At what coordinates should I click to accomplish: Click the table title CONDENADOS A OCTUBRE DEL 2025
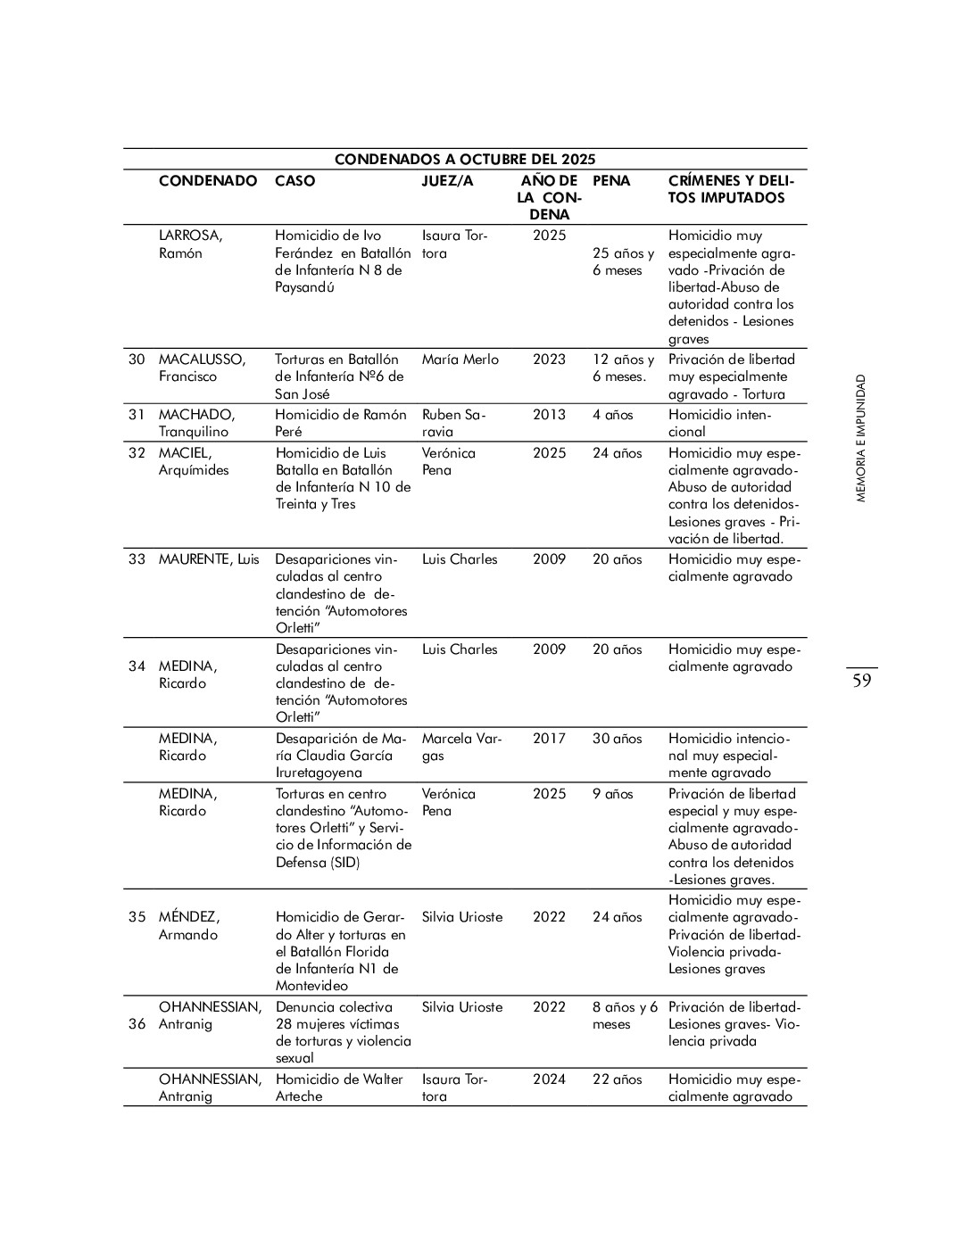click(x=464, y=160)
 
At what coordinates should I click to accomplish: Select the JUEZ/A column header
click(x=447, y=181)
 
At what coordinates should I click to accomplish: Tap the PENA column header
click(x=611, y=181)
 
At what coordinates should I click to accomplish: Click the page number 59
click(x=861, y=682)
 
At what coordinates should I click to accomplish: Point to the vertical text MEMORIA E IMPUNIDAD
click(x=861, y=438)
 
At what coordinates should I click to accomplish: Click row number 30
click(x=137, y=360)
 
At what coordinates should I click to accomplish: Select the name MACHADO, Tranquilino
click(x=196, y=423)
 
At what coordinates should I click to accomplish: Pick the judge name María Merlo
click(x=460, y=360)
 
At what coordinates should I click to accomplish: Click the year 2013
click(x=549, y=415)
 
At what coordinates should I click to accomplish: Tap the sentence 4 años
click(x=612, y=415)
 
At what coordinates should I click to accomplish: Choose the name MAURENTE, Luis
click(x=209, y=559)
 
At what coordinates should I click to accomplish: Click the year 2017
click(x=549, y=739)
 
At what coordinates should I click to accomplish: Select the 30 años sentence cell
click(x=617, y=739)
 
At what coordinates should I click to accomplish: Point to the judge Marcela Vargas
click(x=460, y=747)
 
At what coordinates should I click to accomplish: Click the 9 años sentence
click(x=612, y=794)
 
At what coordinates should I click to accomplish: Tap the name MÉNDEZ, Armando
click(x=188, y=926)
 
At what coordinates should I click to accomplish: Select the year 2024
click(x=549, y=1079)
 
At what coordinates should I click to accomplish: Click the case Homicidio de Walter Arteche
click(x=338, y=1087)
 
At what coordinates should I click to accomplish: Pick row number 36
click(x=137, y=1024)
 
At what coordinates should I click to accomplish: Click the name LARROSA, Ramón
click(x=190, y=244)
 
